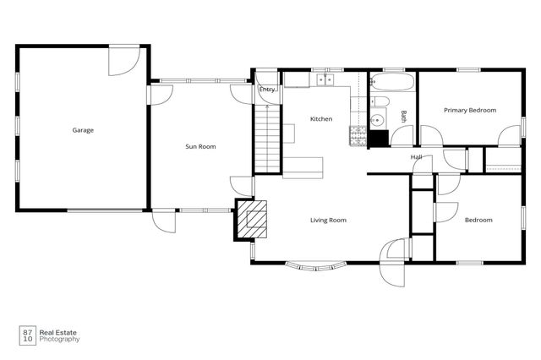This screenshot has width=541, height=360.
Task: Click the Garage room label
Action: click(x=83, y=130)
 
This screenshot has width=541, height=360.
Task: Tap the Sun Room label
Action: click(x=201, y=147)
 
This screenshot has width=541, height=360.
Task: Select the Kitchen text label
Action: click(x=321, y=119)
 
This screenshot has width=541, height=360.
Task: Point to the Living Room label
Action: click(x=328, y=221)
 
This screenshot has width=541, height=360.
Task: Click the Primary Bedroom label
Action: click(x=470, y=110)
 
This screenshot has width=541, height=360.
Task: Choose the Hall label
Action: click(x=417, y=157)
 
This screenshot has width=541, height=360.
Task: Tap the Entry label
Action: click(x=267, y=89)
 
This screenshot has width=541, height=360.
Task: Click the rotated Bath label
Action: click(x=403, y=117)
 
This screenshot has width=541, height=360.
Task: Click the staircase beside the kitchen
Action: click(x=266, y=135)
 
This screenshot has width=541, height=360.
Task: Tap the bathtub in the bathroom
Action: click(x=393, y=84)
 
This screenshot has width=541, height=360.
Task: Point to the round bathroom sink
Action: click(x=378, y=120)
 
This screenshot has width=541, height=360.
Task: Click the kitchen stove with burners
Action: click(x=358, y=136)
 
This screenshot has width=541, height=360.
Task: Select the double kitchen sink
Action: click(x=326, y=80)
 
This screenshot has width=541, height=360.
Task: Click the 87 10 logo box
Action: click(x=28, y=335)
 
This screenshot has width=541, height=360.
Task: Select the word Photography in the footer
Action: click(x=61, y=340)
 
